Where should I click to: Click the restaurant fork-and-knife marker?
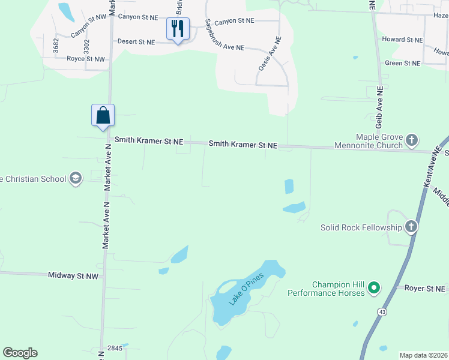(178, 28)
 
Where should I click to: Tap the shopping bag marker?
(103, 115)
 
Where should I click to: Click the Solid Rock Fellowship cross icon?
(411, 227)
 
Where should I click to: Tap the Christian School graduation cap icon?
(75, 178)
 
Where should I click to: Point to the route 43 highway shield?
(382, 312)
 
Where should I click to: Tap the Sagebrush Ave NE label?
(225, 38)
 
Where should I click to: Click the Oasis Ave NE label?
(270, 54)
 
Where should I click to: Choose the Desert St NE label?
(136, 42)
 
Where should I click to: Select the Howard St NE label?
(402, 40)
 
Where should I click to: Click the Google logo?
(20, 353)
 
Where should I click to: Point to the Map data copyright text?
(423, 355)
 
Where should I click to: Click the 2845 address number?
(115, 348)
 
